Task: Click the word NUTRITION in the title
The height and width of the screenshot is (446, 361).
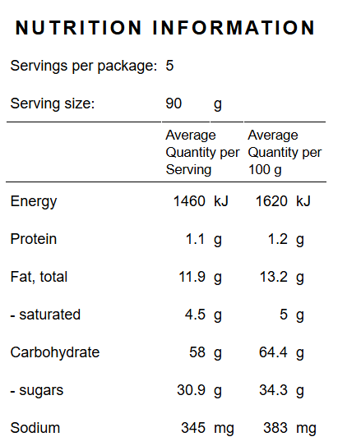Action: (x=78, y=28)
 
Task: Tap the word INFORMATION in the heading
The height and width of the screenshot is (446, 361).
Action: (x=234, y=28)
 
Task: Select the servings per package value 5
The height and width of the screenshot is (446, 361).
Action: (x=169, y=66)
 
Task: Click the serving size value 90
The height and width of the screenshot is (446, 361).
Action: (x=174, y=103)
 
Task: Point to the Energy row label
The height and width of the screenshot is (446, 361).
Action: (x=34, y=202)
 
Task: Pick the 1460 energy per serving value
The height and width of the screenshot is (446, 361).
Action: (x=189, y=201)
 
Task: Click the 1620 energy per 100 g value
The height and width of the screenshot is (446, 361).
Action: (x=271, y=201)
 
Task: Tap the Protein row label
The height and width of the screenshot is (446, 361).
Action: (x=34, y=239)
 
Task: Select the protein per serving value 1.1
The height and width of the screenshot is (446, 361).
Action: (x=195, y=239)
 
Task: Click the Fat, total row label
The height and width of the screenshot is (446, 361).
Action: (x=39, y=277)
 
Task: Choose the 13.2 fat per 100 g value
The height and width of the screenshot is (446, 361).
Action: (x=273, y=277)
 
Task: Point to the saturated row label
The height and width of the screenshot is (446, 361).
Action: (x=45, y=315)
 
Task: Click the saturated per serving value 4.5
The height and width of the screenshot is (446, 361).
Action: (x=195, y=315)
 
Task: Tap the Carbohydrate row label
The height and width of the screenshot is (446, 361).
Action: (x=55, y=353)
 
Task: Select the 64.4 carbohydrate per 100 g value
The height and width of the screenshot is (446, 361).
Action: (x=273, y=352)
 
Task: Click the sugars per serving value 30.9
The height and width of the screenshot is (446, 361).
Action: (x=191, y=390)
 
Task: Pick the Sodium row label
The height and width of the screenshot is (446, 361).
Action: (x=35, y=428)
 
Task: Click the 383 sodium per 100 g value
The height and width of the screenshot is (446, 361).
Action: (x=275, y=428)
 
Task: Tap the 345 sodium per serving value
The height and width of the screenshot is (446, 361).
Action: (x=193, y=428)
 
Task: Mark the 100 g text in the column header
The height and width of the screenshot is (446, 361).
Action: (x=265, y=170)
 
